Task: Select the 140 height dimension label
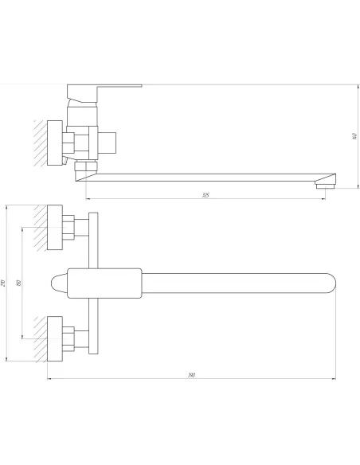click(353, 136)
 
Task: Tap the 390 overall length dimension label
click(192, 374)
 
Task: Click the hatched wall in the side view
click(41, 143)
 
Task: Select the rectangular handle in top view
click(104, 283)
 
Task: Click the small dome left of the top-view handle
click(60, 283)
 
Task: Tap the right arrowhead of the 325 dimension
click(324, 197)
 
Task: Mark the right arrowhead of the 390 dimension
click(335, 377)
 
